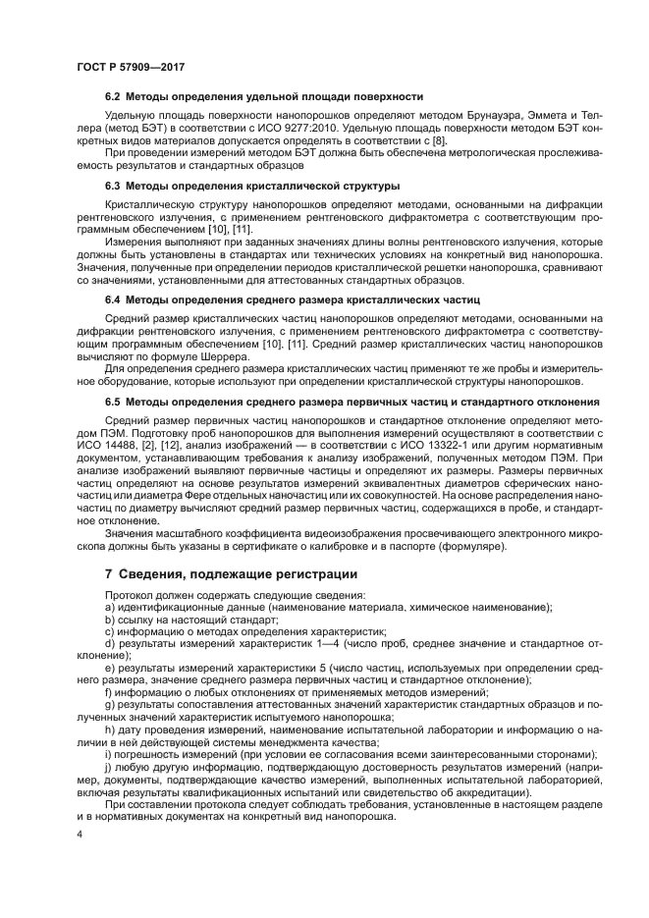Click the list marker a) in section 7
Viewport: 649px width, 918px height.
[109, 608]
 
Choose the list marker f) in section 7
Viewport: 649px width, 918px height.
[108, 692]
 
